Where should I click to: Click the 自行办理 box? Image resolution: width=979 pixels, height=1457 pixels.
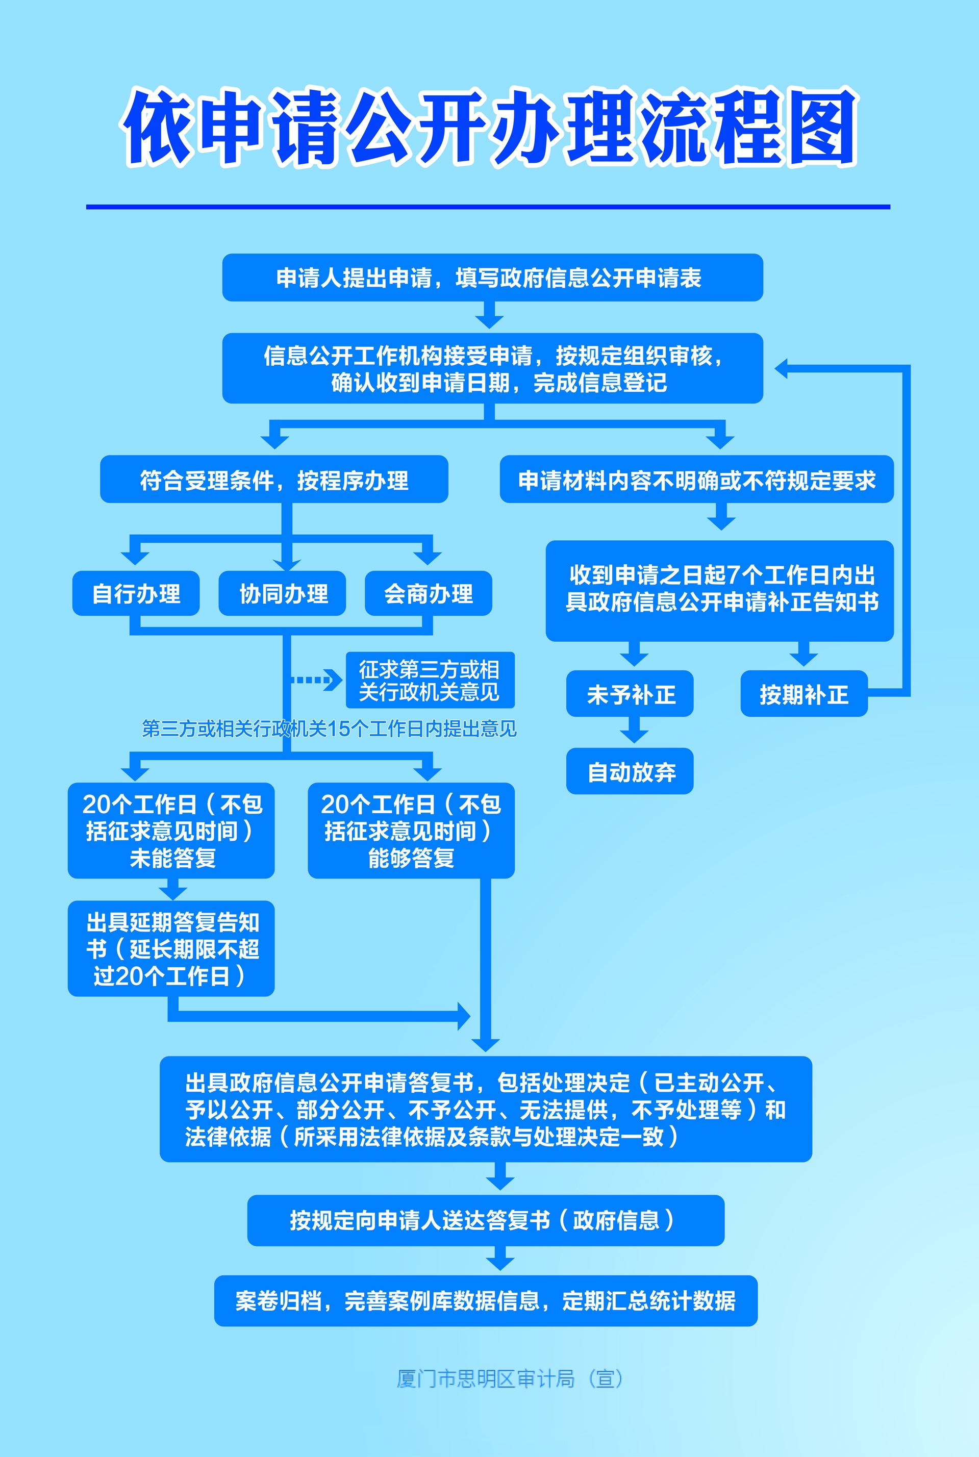(136, 593)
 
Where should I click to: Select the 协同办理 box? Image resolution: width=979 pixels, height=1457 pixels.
(282, 593)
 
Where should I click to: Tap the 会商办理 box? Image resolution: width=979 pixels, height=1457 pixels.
(429, 593)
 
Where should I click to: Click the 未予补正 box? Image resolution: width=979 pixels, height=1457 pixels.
(630, 693)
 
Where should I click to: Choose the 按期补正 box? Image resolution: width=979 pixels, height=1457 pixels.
(804, 693)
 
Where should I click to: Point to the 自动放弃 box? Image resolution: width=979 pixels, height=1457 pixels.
(630, 771)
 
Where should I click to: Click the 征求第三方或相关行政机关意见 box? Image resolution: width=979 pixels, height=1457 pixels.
(430, 680)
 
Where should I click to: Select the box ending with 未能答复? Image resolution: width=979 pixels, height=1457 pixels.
(171, 830)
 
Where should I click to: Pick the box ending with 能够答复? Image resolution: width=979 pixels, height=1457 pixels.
(412, 830)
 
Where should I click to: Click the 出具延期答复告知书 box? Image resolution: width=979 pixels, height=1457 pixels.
(171, 948)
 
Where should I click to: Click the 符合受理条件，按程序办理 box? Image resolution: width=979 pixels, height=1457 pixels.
(274, 479)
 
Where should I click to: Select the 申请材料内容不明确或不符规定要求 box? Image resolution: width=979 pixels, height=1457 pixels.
(697, 479)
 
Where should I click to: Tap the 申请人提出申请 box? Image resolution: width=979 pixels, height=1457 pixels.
(493, 277)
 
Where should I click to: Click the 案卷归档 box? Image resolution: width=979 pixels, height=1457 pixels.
(486, 1301)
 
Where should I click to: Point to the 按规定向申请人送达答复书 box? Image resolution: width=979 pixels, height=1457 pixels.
(486, 1220)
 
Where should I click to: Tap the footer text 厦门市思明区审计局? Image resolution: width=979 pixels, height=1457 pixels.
(486, 1378)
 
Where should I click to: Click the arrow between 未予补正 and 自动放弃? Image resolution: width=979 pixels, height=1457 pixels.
(634, 730)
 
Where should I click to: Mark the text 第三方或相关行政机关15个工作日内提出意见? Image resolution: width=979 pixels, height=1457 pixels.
(329, 728)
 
